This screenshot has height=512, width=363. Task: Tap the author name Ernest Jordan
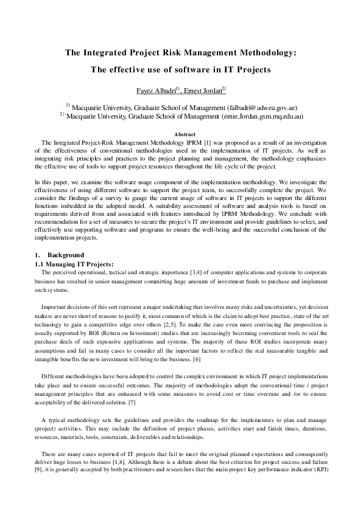coord(204,91)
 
